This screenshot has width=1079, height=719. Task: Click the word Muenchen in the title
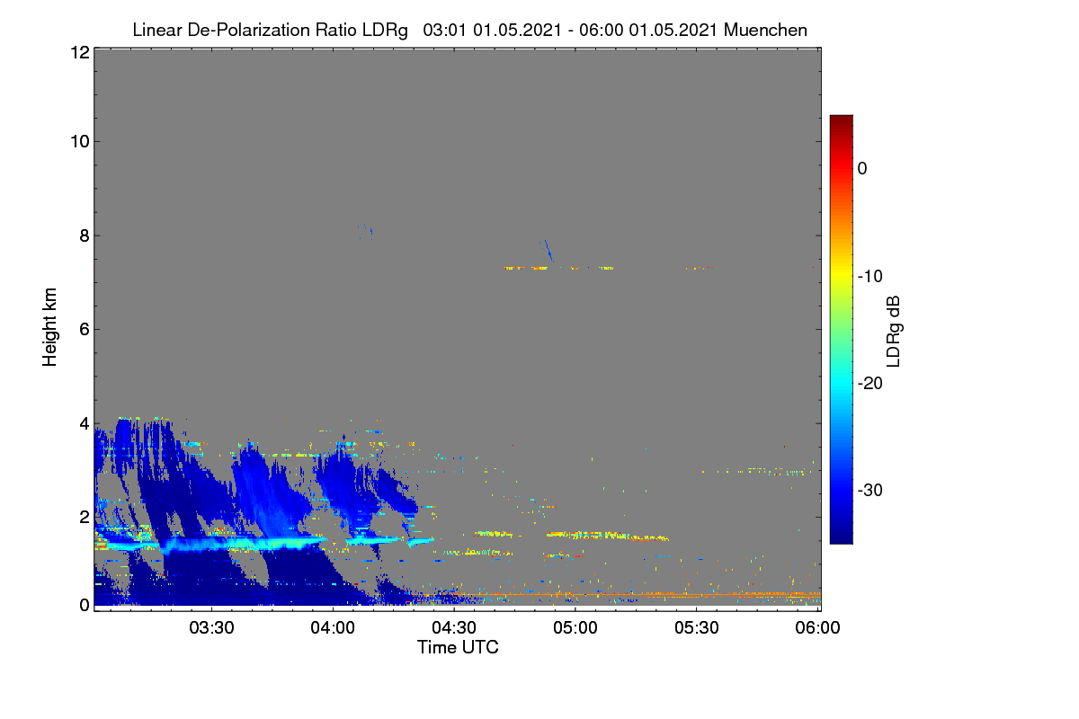(765, 31)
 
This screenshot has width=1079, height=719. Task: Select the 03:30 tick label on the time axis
(211, 627)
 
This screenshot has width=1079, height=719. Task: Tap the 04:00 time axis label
(333, 627)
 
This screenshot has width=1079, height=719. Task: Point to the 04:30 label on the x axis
(454, 627)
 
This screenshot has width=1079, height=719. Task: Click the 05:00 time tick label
(575, 627)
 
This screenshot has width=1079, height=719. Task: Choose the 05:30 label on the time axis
(697, 627)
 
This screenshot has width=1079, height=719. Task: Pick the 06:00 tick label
(817, 627)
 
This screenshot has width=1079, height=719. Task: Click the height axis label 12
(80, 52)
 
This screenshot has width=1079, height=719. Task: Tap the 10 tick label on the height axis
(80, 142)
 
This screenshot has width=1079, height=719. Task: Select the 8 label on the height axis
(85, 235)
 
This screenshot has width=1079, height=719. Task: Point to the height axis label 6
(85, 330)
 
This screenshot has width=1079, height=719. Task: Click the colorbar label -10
(870, 276)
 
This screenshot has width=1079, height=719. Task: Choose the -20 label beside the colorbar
(870, 384)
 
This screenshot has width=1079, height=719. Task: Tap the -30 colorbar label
(870, 490)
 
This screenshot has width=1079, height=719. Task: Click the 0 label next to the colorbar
(862, 169)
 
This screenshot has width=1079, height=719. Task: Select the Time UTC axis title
(458, 647)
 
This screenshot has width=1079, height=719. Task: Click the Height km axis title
(49, 327)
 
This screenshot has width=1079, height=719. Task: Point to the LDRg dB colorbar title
(893, 332)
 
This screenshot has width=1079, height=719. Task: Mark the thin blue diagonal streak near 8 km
(548, 251)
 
